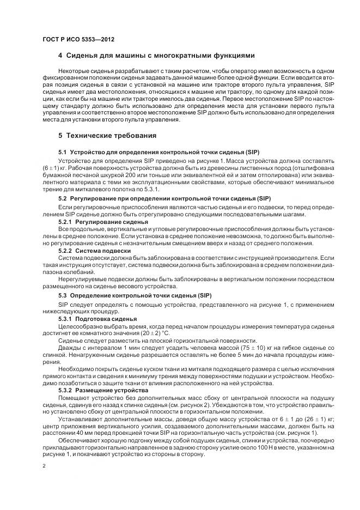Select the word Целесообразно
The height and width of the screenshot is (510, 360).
pos(80,325)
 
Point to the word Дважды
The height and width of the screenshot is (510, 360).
pos(70,347)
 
